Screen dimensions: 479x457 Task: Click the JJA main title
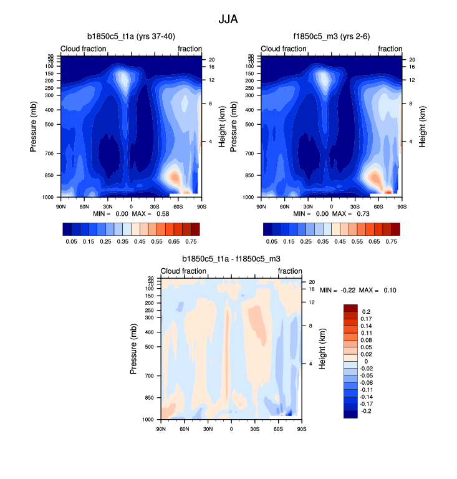(228, 19)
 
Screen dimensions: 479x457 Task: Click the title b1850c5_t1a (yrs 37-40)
(130, 37)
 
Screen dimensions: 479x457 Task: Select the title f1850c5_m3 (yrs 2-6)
(331, 37)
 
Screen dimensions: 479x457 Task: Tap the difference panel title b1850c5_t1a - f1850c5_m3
(231, 258)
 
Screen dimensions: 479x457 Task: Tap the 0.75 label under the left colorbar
(191, 239)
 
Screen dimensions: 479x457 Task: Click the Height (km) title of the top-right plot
(422, 127)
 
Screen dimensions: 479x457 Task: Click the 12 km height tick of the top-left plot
(211, 80)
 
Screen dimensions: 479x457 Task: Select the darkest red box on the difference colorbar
(350, 307)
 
